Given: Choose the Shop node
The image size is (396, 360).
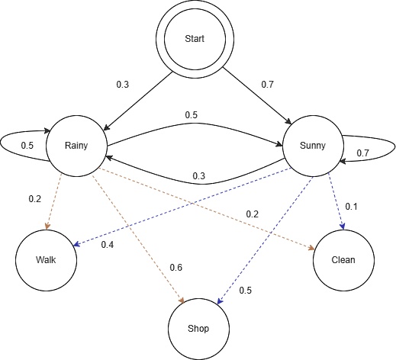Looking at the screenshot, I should (198, 328).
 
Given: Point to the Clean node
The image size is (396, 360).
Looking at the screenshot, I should (343, 259).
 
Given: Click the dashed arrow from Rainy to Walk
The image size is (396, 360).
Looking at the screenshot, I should (58, 202).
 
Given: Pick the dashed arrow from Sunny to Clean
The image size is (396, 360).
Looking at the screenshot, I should (336, 203).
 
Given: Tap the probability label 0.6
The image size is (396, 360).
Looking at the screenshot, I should (175, 267).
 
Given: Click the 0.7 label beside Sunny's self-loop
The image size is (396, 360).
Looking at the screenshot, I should (362, 153).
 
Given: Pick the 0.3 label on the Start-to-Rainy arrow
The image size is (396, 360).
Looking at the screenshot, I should (123, 83).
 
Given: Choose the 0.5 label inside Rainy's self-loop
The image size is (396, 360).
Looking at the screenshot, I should (26, 146).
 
